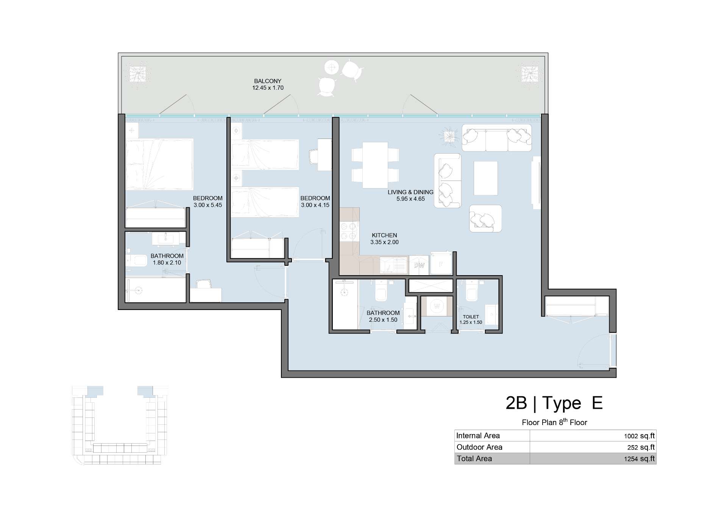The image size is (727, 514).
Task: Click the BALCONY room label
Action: (x=268, y=81)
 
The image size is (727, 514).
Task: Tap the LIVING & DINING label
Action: (x=410, y=192)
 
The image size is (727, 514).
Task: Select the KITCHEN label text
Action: (x=384, y=235)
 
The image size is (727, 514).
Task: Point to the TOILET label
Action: (x=471, y=317)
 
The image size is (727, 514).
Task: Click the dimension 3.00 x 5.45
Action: (x=208, y=205)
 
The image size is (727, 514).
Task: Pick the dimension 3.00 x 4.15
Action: (x=315, y=205)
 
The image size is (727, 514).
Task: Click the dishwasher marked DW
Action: (x=419, y=265)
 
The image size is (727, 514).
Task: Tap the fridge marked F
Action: (x=441, y=264)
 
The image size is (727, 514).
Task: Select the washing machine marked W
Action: (x=437, y=306)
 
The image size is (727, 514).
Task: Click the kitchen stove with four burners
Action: (x=349, y=231)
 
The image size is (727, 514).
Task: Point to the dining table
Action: (x=375, y=165)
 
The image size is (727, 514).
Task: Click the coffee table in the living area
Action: (x=485, y=178)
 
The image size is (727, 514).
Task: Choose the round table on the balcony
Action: (x=332, y=68)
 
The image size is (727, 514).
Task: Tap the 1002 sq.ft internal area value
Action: (x=640, y=436)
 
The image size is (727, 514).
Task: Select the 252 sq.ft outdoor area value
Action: (x=641, y=447)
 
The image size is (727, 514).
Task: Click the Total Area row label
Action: (x=474, y=459)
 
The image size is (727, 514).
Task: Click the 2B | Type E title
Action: (x=554, y=403)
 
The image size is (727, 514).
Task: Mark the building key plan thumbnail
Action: (x=120, y=425)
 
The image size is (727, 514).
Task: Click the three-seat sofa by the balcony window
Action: (x=497, y=138)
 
